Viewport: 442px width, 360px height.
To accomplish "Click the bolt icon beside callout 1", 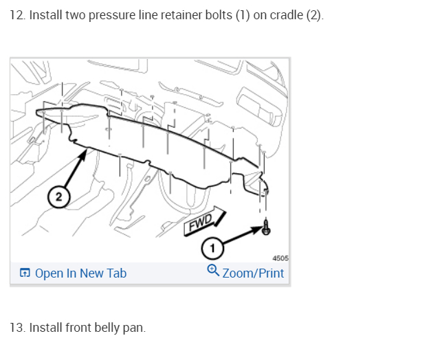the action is tap(266, 228).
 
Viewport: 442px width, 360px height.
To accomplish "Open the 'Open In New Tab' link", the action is tap(80, 273).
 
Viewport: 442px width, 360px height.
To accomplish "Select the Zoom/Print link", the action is tap(252, 273).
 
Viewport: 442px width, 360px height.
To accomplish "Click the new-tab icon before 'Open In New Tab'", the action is tap(24, 273).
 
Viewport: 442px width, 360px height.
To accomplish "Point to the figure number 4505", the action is tap(280, 258).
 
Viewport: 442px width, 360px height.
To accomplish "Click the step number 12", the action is tap(16, 15).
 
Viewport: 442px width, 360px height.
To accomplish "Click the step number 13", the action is tap(16, 327).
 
